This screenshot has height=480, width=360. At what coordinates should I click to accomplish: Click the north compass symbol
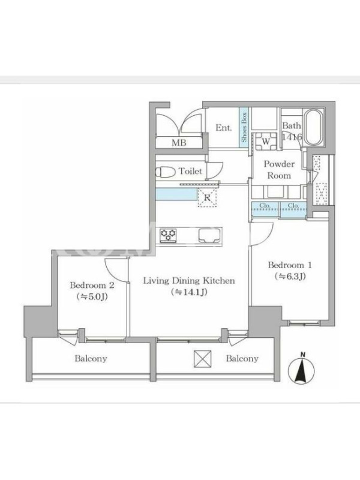click(301, 368)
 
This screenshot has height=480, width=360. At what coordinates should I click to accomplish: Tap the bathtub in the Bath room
click(314, 128)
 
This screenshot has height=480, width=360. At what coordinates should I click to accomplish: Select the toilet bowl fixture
click(165, 172)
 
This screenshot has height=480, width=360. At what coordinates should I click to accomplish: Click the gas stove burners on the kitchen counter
click(168, 235)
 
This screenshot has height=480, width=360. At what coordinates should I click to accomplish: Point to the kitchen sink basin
click(210, 235)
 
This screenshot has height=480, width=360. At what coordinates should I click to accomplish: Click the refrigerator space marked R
click(207, 198)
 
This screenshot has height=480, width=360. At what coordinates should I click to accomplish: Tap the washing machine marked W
click(266, 142)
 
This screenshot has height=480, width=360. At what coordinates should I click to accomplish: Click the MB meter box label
click(179, 143)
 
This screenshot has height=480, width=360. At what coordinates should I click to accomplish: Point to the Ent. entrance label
click(223, 128)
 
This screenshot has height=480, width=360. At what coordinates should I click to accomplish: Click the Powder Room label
click(279, 170)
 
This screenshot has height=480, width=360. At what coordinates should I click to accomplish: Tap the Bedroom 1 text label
click(290, 265)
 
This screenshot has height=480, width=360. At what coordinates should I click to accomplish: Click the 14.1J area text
click(189, 292)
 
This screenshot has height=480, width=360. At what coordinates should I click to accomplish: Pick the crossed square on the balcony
click(202, 359)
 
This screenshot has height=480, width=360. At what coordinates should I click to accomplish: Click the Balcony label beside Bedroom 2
click(91, 358)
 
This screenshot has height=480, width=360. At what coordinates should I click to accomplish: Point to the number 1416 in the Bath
click(292, 137)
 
